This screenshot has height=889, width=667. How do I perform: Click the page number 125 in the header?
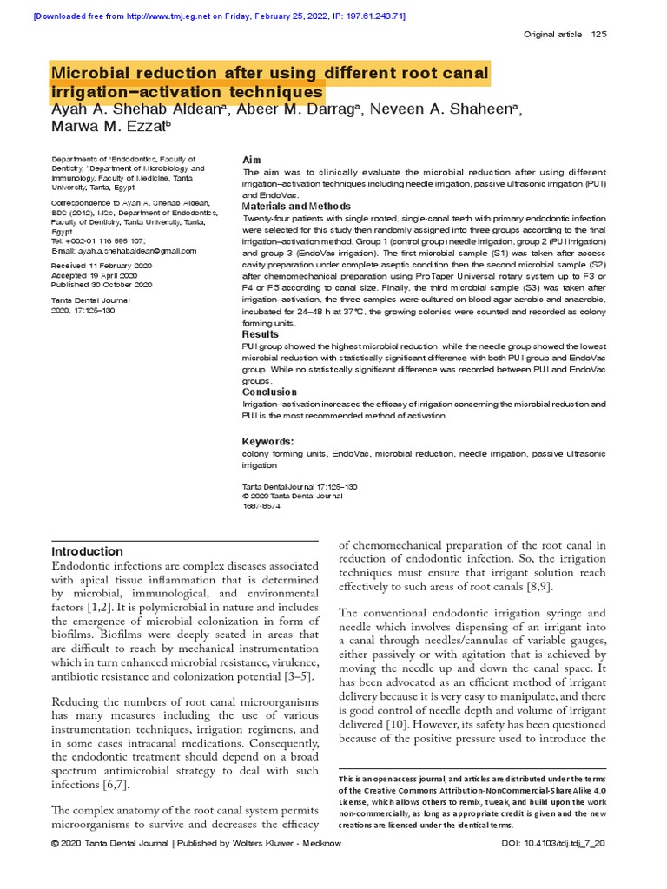[598, 34]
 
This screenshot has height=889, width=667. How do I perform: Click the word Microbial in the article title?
[93, 72]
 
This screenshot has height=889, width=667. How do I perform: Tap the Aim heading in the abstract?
[251, 161]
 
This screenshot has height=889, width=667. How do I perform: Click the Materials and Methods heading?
[296, 207]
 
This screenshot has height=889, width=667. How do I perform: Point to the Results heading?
[261, 334]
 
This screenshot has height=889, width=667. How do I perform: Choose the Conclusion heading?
[269, 392]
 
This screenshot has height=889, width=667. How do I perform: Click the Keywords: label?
[267, 441]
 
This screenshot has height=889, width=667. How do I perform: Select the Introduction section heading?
[88, 551]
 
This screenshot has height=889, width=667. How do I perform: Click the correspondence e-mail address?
[124, 250]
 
